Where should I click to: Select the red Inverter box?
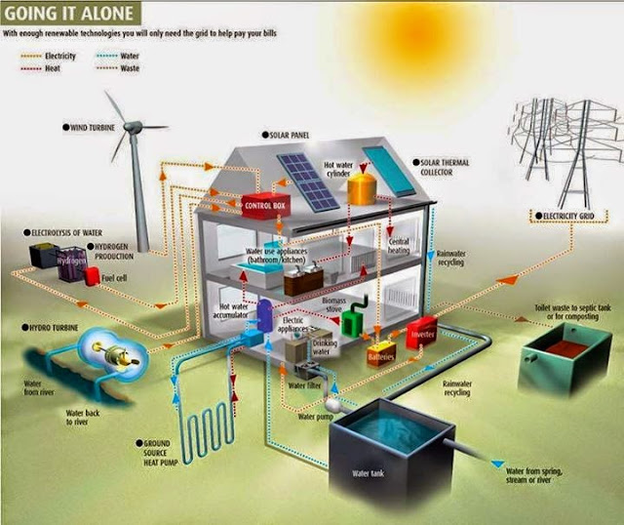tap(420, 333)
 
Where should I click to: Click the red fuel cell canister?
tap(93, 275)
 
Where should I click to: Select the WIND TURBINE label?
tap(97, 127)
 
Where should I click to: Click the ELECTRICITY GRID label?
tap(563, 215)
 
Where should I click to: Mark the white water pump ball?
tap(332, 401)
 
